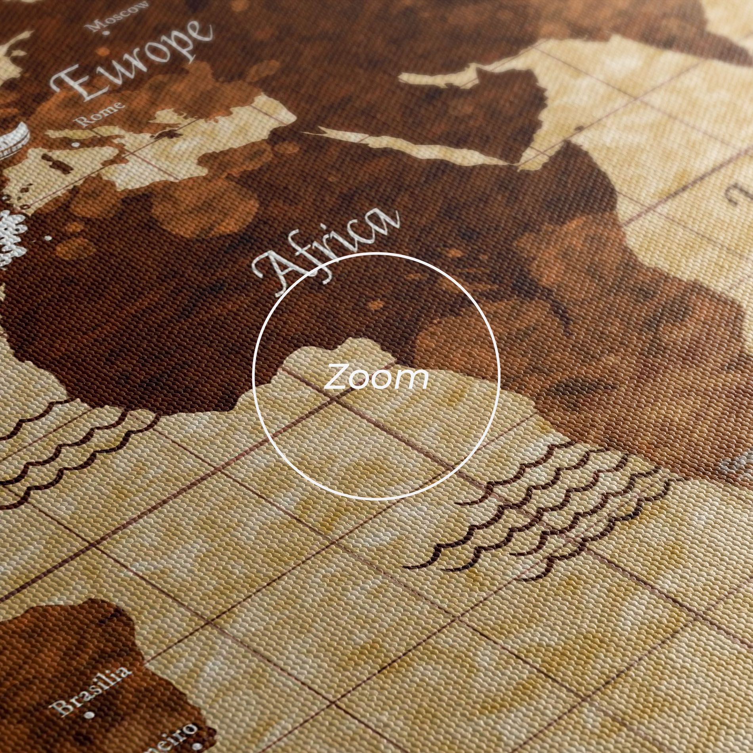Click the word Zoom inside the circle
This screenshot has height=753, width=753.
click(x=376, y=377)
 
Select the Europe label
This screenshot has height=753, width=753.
click(x=131, y=63)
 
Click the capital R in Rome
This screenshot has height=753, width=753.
click(x=84, y=120)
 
